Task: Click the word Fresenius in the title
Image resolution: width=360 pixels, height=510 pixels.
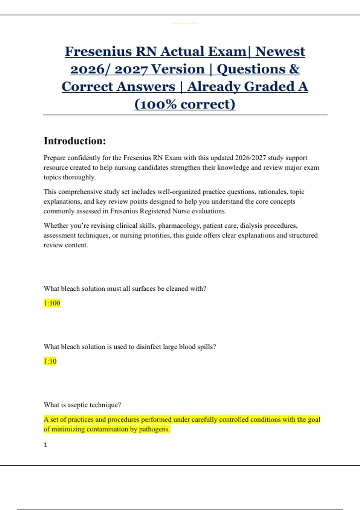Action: click(x=98, y=52)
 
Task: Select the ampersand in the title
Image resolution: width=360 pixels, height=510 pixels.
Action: click(x=294, y=69)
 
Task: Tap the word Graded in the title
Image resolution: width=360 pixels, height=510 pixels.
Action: click(x=268, y=87)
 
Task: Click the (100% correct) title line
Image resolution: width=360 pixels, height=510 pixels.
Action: click(x=185, y=104)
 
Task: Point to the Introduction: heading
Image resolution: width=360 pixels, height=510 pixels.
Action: click(x=75, y=141)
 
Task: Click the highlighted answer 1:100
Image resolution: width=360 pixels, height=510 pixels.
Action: click(x=52, y=303)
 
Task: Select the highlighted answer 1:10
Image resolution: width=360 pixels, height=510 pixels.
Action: click(x=50, y=361)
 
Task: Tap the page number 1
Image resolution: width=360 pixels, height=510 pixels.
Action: click(x=46, y=445)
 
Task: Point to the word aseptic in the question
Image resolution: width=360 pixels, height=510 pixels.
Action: click(x=78, y=405)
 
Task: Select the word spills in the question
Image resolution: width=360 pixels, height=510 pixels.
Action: click(x=206, y=347)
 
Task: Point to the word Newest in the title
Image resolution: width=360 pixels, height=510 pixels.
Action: click(x=280, y=52)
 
